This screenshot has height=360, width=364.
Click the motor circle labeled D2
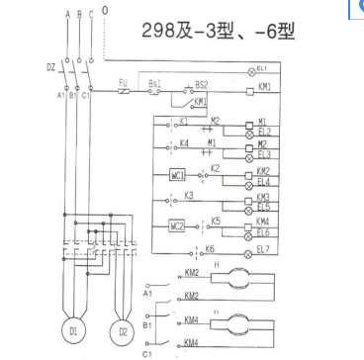click(x=124, y=328)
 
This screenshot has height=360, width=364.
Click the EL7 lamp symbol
click(x=249, y=251)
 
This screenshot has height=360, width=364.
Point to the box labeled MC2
click(x=178, y=226)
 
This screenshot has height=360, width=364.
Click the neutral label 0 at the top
click(x=105, y=11)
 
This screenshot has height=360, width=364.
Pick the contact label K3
click(x=188, y=196)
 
